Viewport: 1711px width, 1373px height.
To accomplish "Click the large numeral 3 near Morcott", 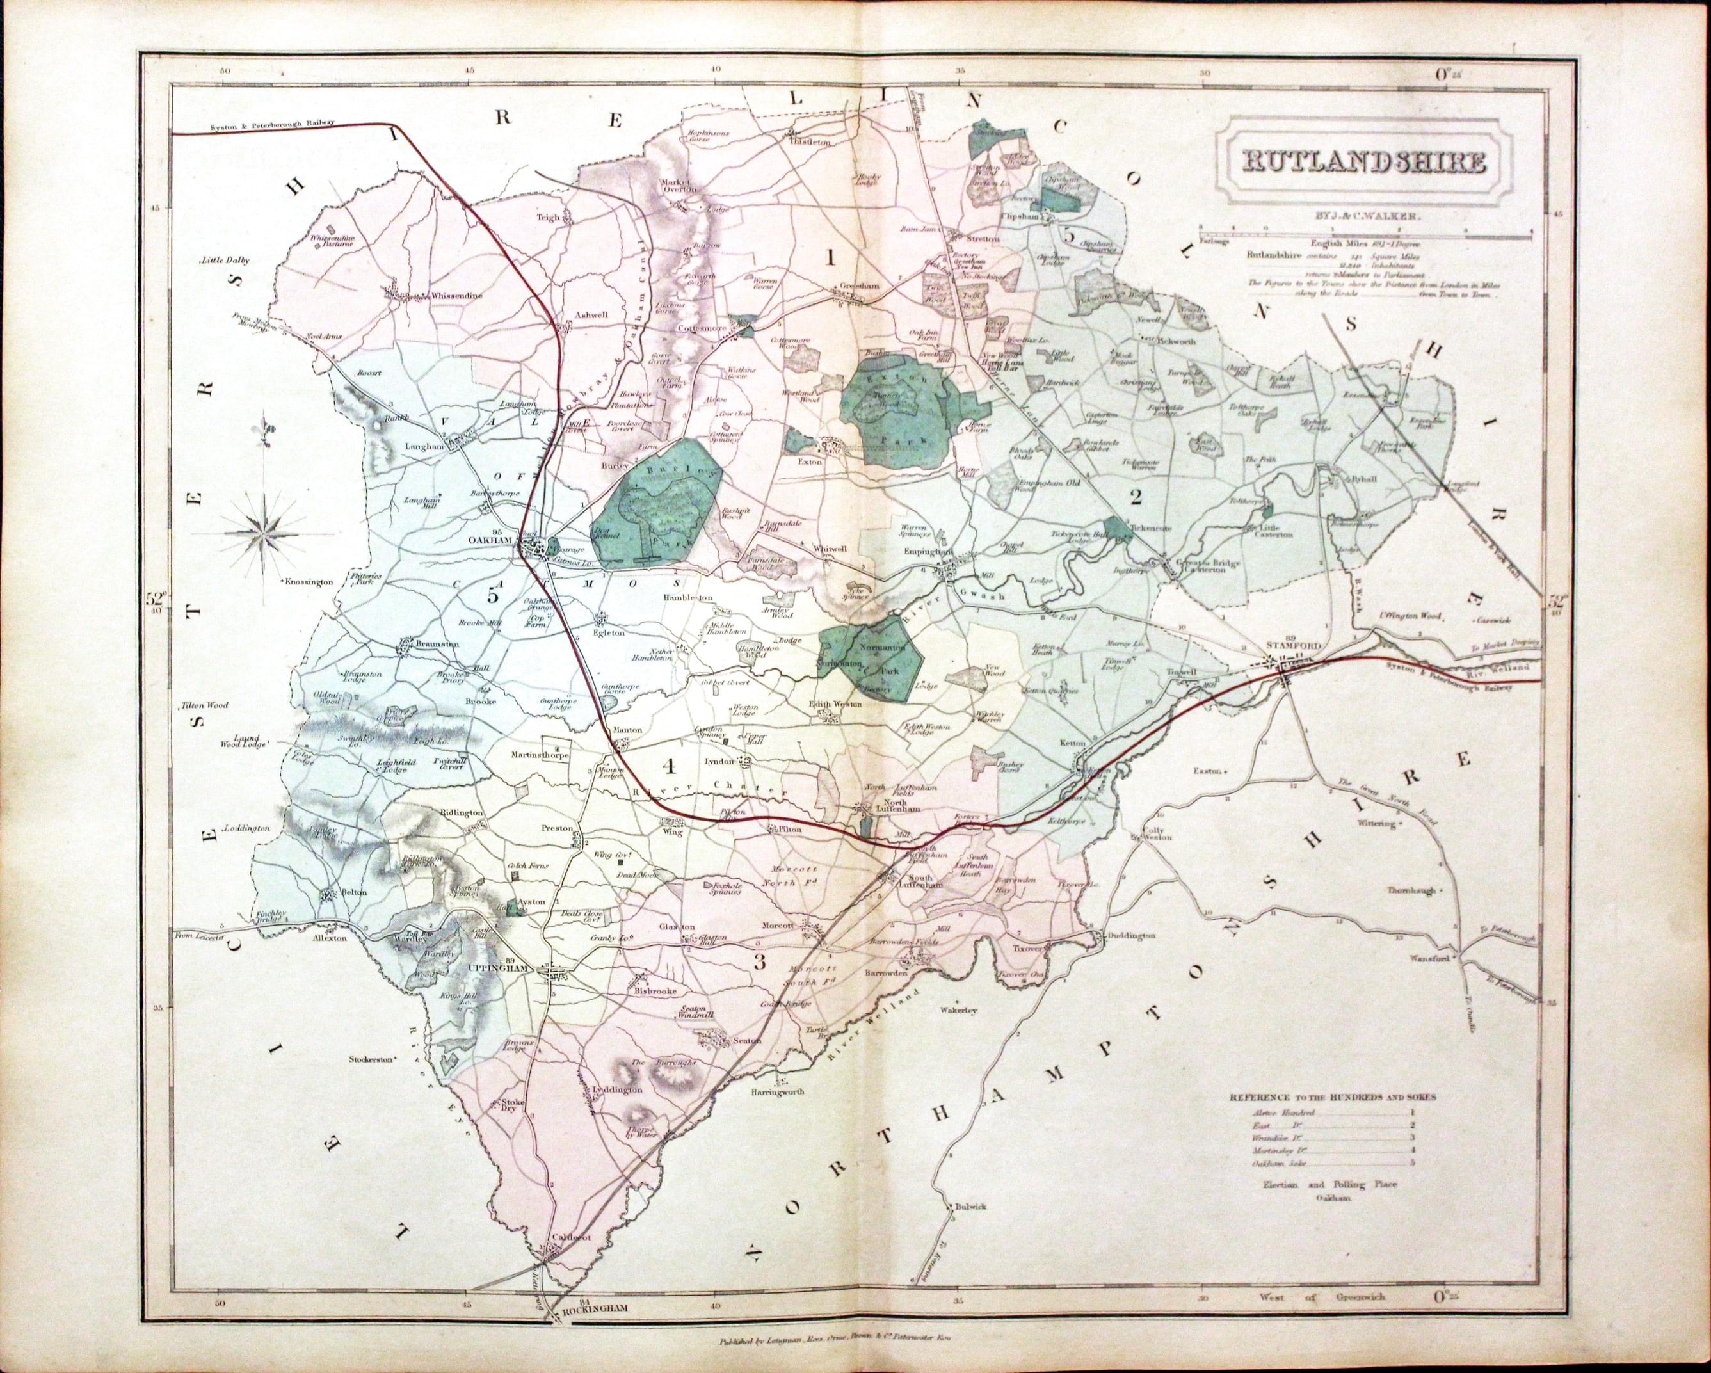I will (759, 963).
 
